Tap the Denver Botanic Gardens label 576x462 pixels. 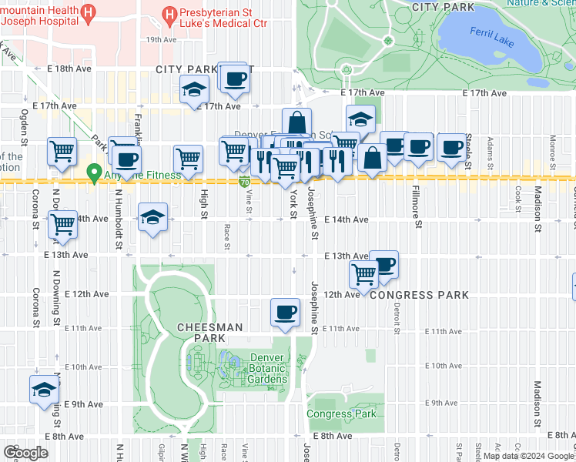click(267, 369)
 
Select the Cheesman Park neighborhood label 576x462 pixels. click(189, 333)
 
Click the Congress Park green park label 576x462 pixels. click(342, 413)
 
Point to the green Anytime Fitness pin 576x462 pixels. click(95, 174)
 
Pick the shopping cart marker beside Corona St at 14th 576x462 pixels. click(62, 225)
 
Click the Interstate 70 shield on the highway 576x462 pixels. click(244, 182)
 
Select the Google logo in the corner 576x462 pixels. click(25, 453)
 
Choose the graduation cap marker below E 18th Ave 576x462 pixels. click(194, 89)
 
